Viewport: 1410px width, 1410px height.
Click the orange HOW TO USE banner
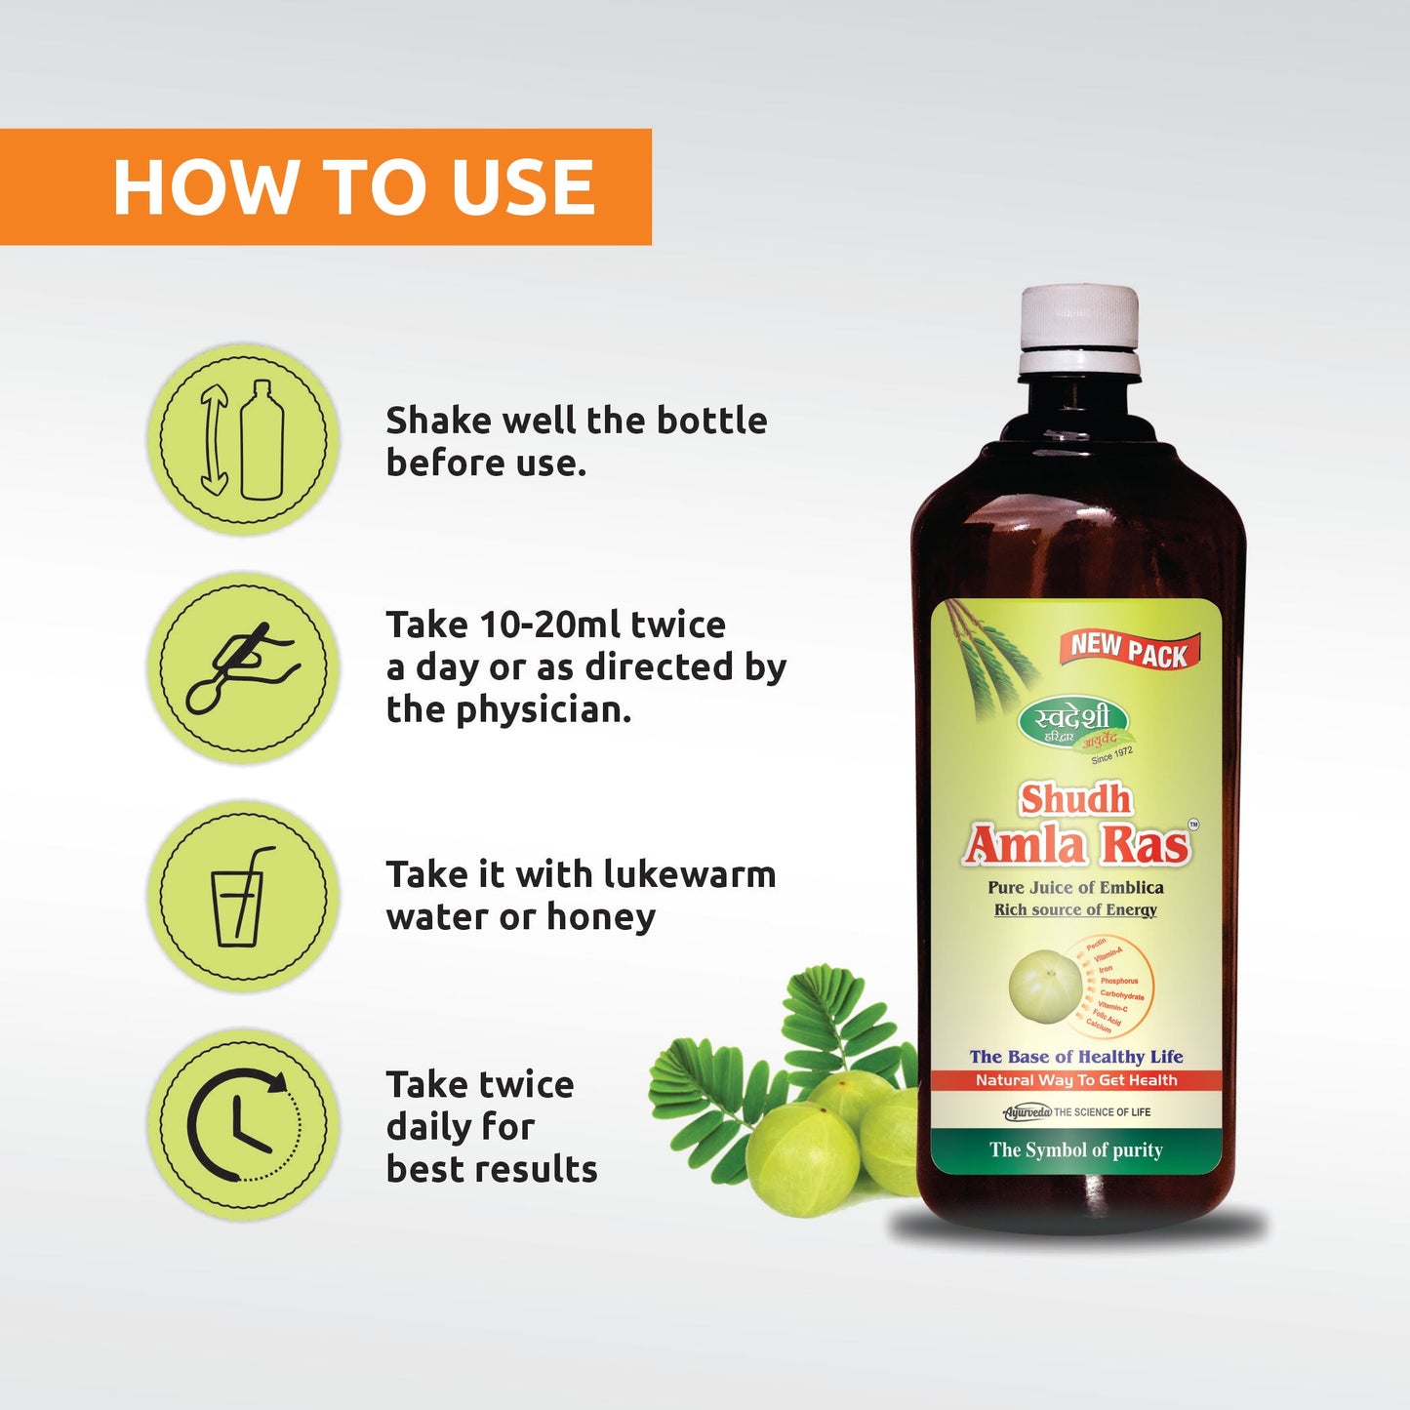(325, 186)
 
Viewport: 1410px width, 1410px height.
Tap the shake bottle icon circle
(244, 439)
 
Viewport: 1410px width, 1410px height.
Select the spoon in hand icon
(244, 667)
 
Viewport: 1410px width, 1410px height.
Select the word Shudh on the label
(1075, 799)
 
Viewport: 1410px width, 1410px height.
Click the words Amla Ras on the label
(1077, 845)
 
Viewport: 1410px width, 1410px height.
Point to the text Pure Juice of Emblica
(1075, 887)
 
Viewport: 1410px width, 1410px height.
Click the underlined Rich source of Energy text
(1075, 909)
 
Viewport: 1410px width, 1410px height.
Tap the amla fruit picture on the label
(1045, 985)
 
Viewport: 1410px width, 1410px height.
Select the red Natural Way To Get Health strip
(1076, 1080)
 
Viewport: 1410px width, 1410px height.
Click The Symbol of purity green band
(1076, 1150)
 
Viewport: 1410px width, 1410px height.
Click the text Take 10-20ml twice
(555, 624)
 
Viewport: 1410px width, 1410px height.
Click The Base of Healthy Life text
(1076, 1057)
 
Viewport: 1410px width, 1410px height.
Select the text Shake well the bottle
(576, 421)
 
